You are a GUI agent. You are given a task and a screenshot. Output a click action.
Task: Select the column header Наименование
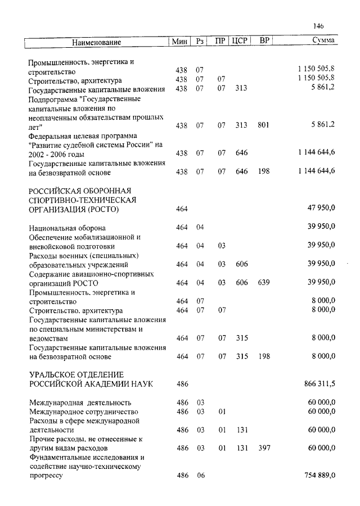96,42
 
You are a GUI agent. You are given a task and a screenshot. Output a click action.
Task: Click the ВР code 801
263,125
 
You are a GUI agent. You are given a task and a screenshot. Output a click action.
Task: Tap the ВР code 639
263,282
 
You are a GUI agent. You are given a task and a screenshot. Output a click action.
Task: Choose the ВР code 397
263,448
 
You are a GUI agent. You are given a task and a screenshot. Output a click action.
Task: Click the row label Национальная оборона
67,228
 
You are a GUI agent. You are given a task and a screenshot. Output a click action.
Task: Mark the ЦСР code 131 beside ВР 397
241,448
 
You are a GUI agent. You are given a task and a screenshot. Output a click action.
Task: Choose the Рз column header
201,42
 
